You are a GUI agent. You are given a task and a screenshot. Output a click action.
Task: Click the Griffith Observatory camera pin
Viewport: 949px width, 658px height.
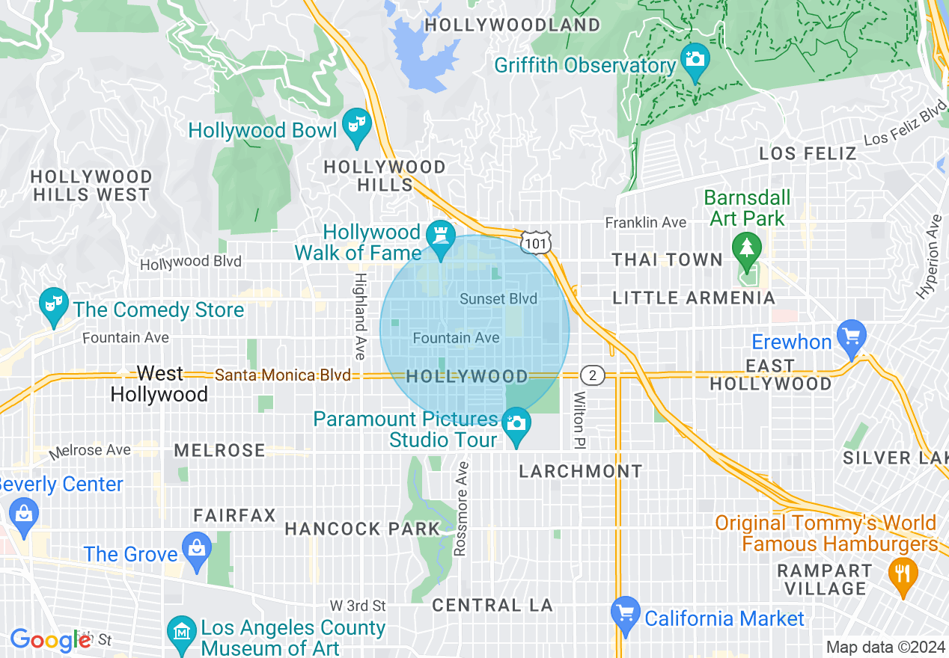[x=695, y=58]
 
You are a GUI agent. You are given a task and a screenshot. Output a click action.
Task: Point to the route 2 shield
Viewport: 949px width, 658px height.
[x=592, y=375]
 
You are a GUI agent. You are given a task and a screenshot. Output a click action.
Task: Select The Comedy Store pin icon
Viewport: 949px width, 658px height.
[x=52, y=304]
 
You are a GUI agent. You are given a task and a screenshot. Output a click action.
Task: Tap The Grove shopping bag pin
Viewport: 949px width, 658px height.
[x=196, y=548]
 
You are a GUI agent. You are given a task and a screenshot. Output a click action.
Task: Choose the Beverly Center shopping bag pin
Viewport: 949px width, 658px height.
[x=24, y=514]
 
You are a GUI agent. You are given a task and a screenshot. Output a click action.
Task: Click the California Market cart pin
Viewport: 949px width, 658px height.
[x=625, y=612]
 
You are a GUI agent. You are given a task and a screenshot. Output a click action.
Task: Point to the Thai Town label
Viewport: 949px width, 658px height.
[x=667, y=260]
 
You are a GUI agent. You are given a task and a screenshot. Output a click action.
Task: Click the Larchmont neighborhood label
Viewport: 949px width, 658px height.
[x=581, y=471]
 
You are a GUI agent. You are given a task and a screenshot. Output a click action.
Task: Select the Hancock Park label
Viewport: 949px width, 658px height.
[x=362, y=529]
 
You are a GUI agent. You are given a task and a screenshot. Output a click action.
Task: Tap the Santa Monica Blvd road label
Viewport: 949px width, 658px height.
[x=283, y=375]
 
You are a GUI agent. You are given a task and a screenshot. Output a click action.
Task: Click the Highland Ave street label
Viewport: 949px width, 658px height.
[x=360, y=315]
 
